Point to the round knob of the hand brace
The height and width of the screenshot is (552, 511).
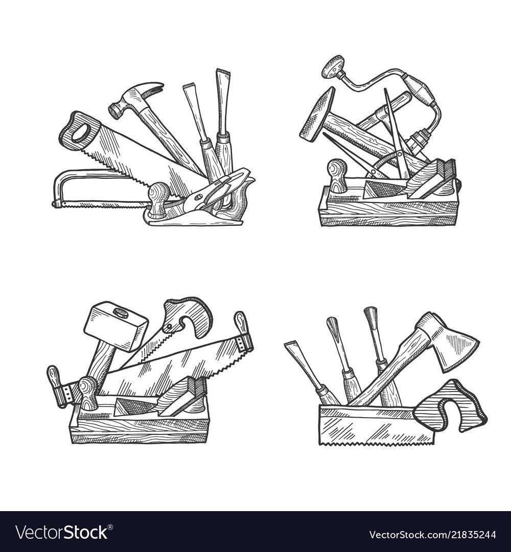[x=332, y=66]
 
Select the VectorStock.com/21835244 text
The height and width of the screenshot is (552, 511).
[x=433, y=535]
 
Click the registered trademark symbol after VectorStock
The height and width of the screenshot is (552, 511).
[x=110, y=527]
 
